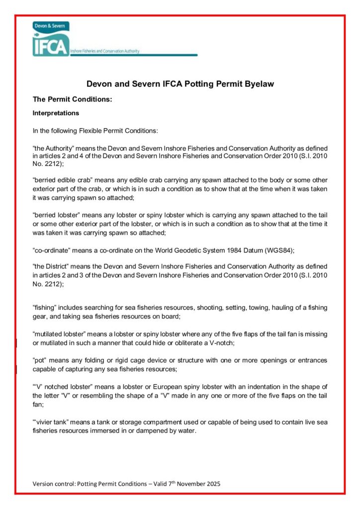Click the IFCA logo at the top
tap(51, 40)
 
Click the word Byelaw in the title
tap(259, 84)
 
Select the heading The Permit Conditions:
tap(72, 99)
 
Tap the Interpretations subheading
tap(56, 113)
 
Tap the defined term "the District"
tap(51, 267)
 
